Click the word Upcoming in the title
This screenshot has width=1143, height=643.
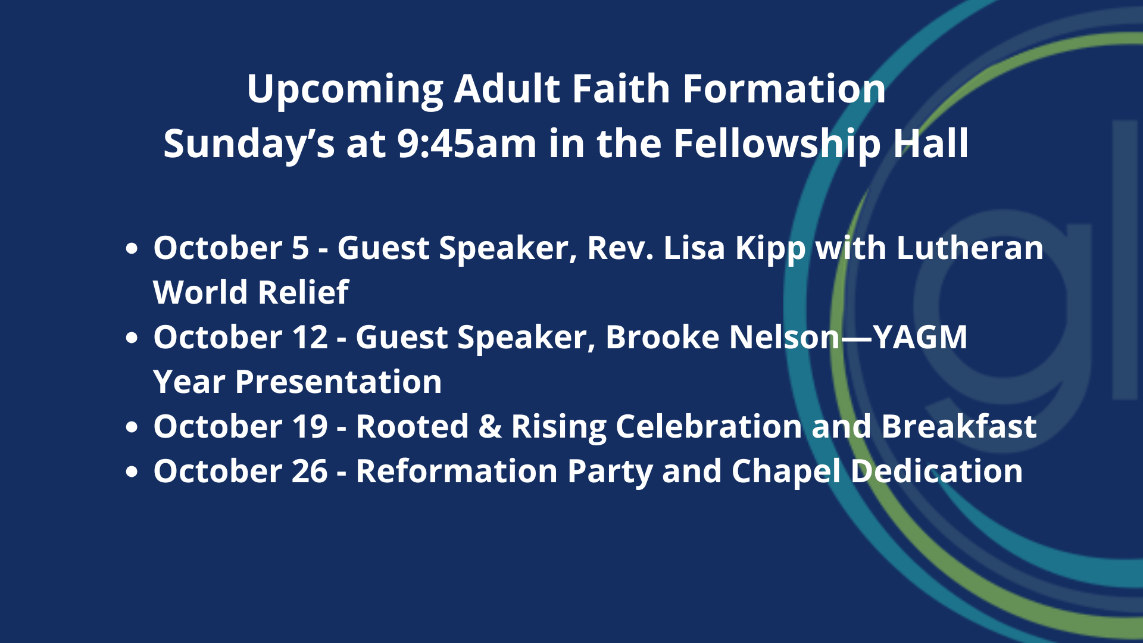click(345, 90)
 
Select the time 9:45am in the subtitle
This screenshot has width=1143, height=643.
click(467, 144)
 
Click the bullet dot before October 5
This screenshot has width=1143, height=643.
click(132, 248)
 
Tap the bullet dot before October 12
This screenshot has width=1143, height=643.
click(132, 338)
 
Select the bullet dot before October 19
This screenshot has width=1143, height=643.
click(132, 427)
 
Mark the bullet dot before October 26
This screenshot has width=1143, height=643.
click(132, 472)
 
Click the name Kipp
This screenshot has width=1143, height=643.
click(770, 249)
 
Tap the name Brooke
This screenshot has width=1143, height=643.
click(663, 337)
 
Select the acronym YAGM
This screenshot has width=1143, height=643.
click(920, 337)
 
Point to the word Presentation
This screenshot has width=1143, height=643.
click(339, 382)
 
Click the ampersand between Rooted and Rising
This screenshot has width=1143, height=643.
click(490, 426)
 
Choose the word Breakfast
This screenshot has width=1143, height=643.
click(959, 426)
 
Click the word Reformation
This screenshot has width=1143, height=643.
click(457, 471)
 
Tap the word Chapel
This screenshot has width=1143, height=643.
click(786, 472)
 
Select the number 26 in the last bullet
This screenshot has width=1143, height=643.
click(310, 471)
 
